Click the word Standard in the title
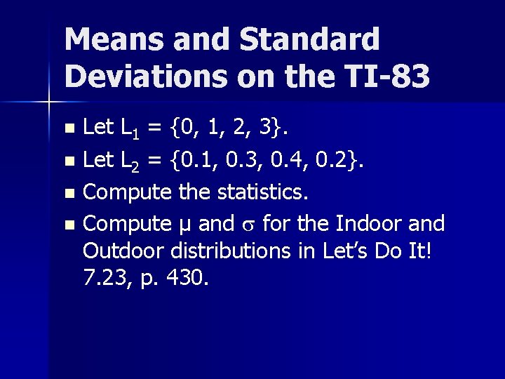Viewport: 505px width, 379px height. pos(309,40)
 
